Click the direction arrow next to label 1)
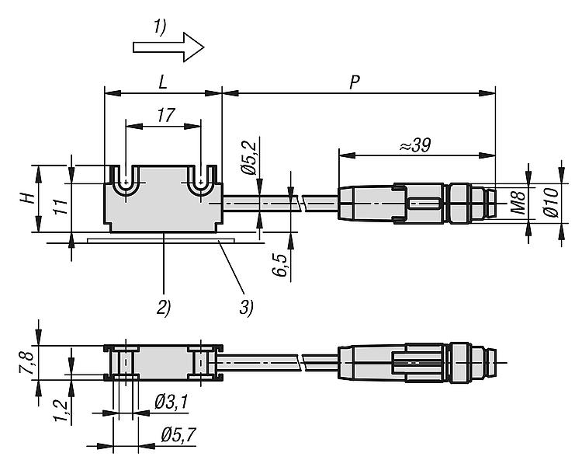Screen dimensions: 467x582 pyautogui.click(x=168, y=47)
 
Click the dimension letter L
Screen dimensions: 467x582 pyautogui.click(x=163, y=81)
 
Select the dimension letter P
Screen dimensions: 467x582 pyautogui.click(x=354, y=81)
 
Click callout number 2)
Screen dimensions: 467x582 pyautogui.click(x=164, y=305)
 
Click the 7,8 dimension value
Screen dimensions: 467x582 pyautogui.click(x=25, y=361)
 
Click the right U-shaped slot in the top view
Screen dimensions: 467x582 pyautogui.click(x=200, y=182)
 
